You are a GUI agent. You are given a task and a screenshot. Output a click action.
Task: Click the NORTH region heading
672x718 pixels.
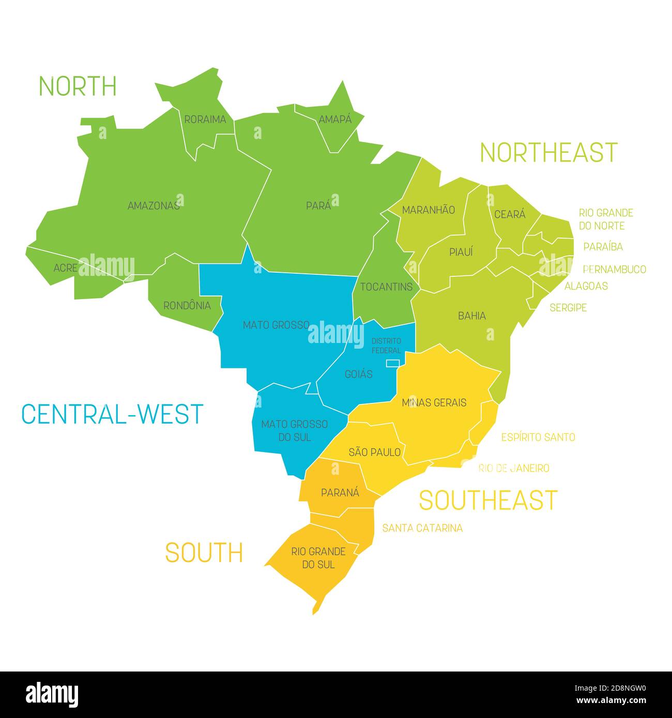pos(78,86)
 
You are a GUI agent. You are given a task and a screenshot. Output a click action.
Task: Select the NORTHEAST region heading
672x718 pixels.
pos(548,152)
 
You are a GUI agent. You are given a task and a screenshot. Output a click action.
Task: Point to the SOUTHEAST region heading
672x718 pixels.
pos(487,500)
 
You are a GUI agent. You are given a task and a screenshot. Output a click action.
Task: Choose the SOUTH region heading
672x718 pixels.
pos(204,553)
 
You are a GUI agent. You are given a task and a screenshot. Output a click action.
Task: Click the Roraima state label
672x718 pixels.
pos(205,119)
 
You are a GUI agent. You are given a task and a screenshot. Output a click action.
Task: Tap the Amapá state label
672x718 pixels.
pos(334,119)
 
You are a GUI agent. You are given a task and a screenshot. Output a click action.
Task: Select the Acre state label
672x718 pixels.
pos(66,268)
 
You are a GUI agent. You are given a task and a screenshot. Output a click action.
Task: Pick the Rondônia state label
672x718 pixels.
pos(187,306)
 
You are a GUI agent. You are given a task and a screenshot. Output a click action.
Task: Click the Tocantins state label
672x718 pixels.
pos(386,287)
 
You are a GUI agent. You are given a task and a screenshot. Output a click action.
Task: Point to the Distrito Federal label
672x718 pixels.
pos(386,346)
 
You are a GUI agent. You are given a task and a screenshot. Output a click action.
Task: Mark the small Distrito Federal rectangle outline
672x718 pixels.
pos(393,363)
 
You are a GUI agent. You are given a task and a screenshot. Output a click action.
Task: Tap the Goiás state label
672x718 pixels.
pos(358,374)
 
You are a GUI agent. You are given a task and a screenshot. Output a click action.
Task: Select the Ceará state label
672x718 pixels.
pos(510,214)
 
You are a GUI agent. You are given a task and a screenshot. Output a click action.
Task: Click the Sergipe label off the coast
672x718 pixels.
pos(568,308)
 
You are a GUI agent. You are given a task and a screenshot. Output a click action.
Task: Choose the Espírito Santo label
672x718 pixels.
pos(538,438)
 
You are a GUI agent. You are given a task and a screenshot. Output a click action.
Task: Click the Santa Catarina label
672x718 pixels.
pos(422,528)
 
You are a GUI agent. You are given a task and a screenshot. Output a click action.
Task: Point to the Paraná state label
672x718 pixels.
pos(340,493)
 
